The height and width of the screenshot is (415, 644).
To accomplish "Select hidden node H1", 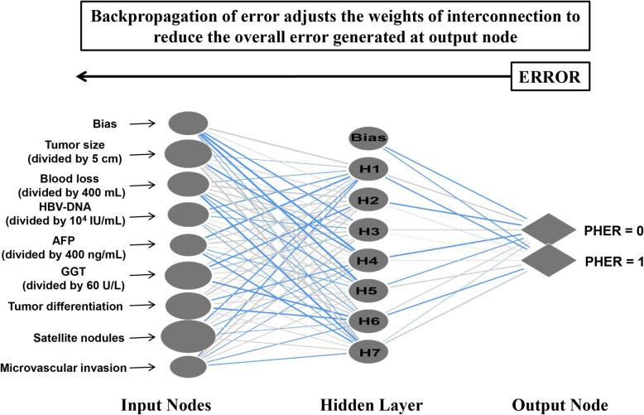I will (x=368, y=170).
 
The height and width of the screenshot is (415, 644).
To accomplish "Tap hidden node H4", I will (x=368, y=260).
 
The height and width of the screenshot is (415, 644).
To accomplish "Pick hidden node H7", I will (x=368, y=352).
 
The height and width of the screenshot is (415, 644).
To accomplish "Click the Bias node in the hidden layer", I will (x=368, y=138).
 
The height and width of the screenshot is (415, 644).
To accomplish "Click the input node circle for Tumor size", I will (x=188, y=153).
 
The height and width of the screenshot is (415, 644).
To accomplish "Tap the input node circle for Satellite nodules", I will (x=188, y=337).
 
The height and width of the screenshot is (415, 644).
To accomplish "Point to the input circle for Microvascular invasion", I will (x=188, y=366).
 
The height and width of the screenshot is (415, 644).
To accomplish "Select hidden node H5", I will (x=368, y=291).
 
